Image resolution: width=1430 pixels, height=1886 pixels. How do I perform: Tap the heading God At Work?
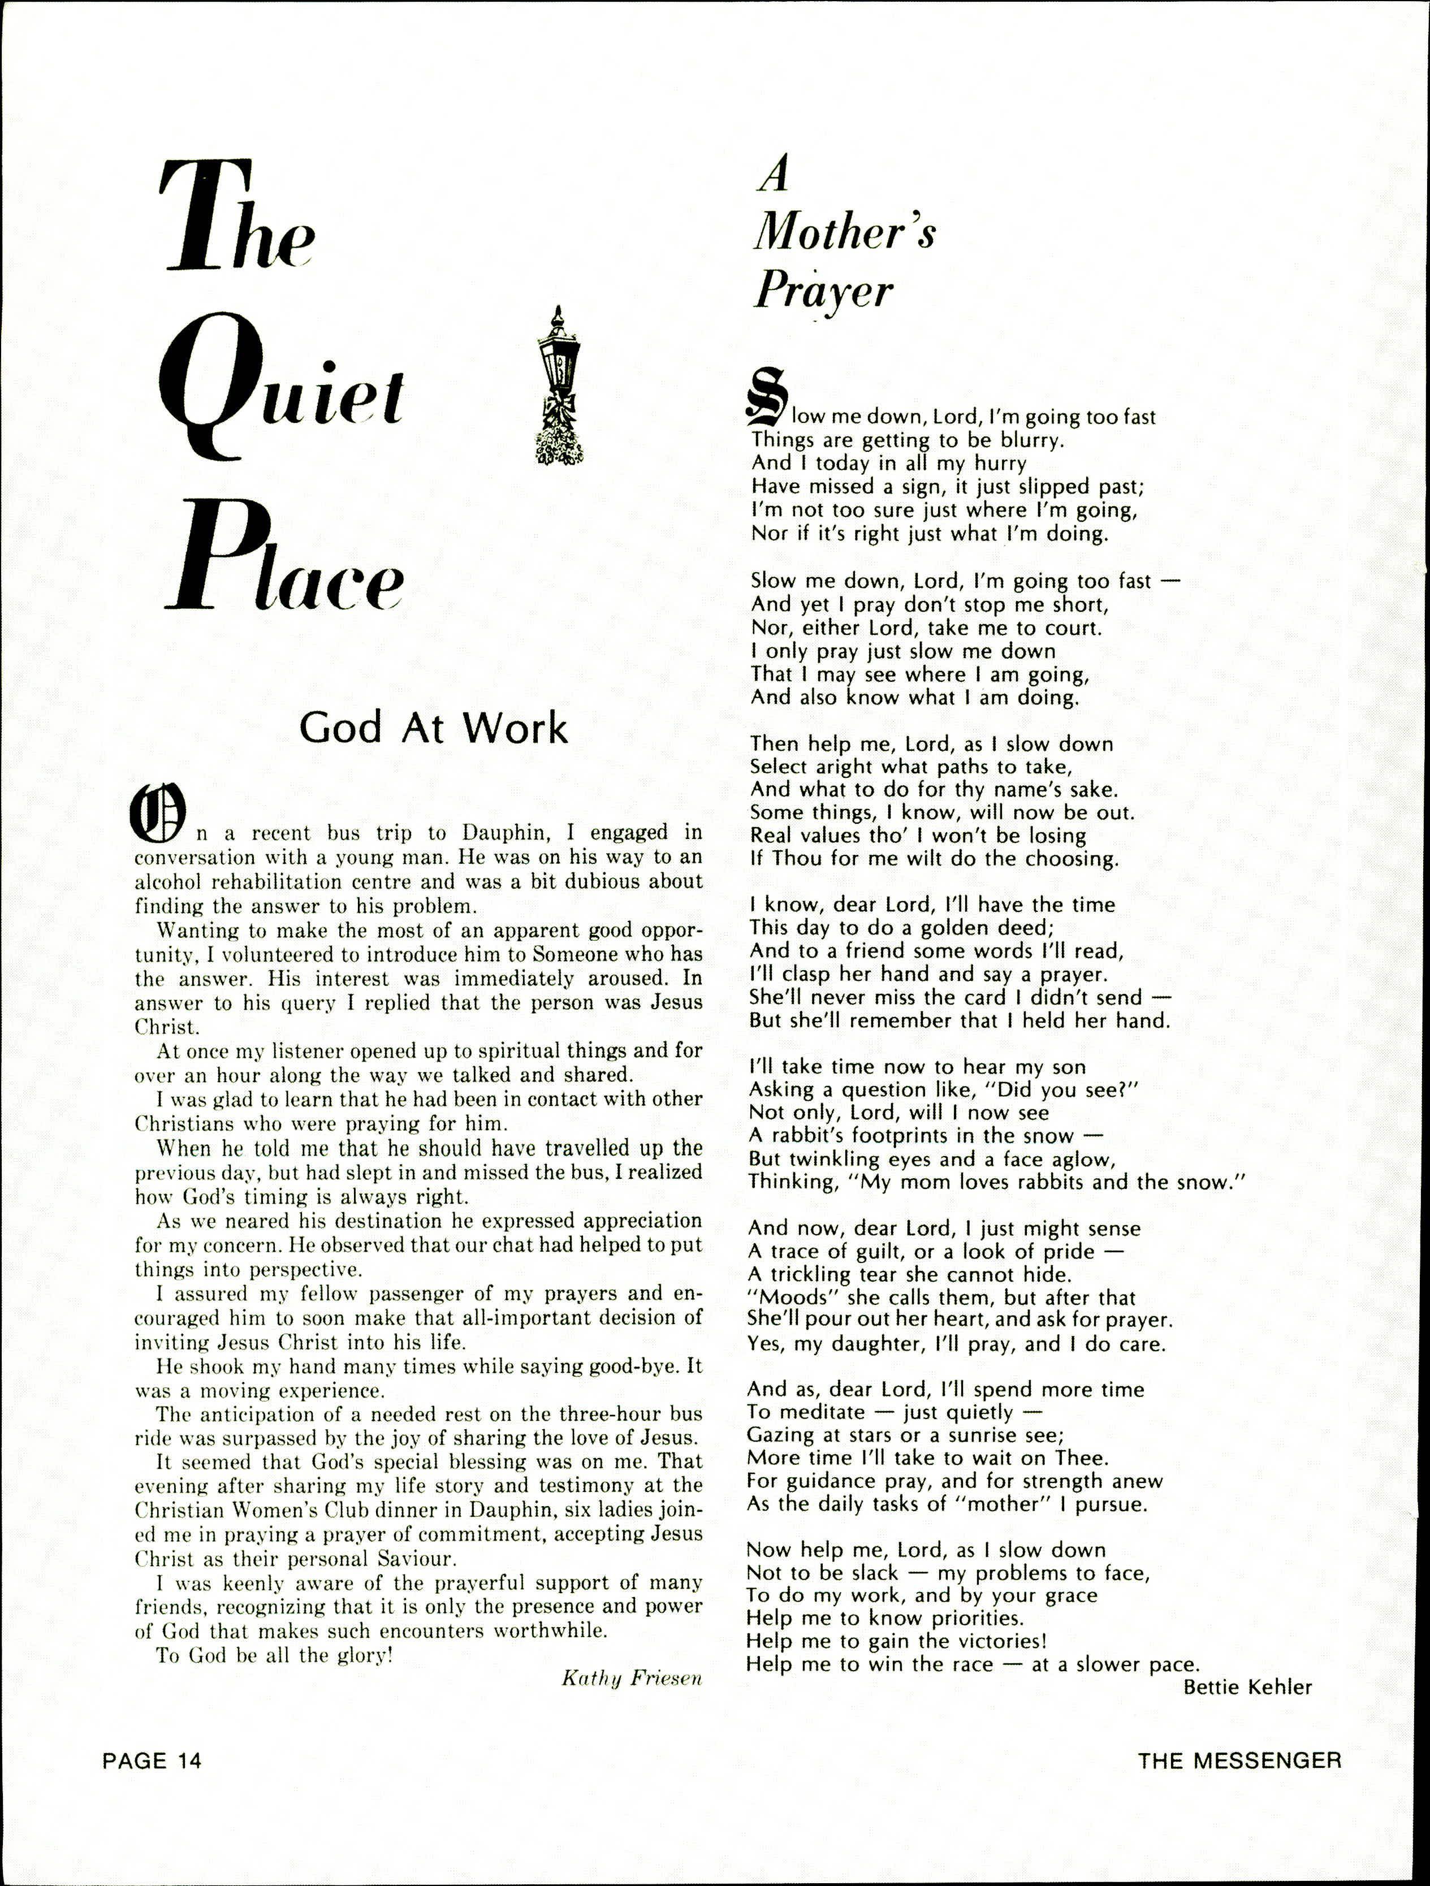(x=433, y=727)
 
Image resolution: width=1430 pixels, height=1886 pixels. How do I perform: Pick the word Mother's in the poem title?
(x=844, y=232)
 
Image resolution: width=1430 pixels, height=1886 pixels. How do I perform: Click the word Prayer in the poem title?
(x=823, y=291)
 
